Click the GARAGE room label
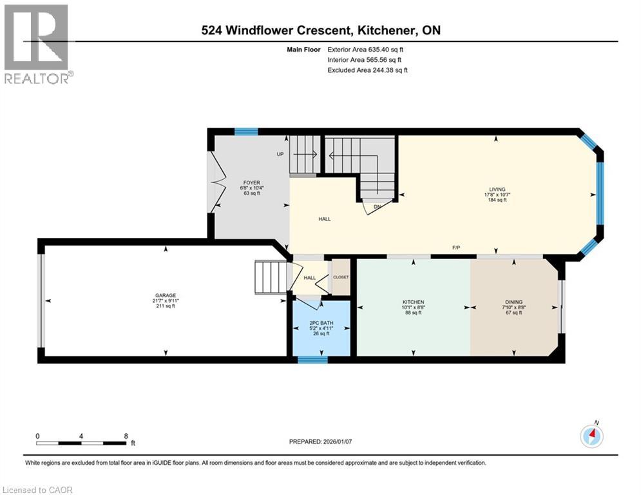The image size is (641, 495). [x=166, y=295]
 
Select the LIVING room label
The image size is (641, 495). [x=497, y=189]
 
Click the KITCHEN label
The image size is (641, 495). [x=412, y=302]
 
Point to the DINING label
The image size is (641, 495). [x=514, y=302]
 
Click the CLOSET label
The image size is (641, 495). [x=341, y=277]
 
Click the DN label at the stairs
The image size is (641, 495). [x=378, y=207]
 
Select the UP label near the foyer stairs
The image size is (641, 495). [x=280, y=154]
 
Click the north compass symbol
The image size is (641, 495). [x=591, y=436]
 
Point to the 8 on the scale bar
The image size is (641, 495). [x=125, y=436]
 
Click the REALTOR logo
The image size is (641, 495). [x=37, y=44]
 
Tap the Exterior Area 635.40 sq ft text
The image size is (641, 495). [x=366, y=49]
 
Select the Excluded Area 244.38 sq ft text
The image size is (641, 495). [x=367, y=70]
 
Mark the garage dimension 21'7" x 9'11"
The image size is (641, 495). [x=166, y=302]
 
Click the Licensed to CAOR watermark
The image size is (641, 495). [x=37, y=490]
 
